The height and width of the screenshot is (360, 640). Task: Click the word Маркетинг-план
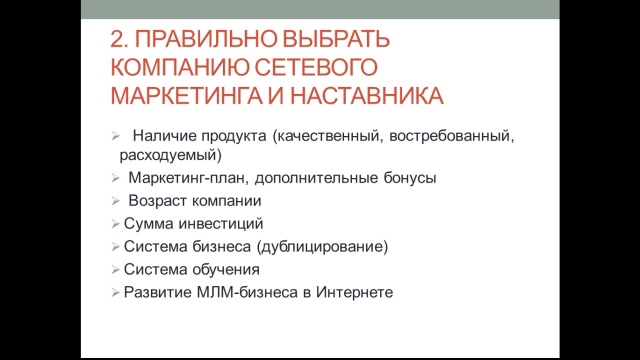point(185,178)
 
